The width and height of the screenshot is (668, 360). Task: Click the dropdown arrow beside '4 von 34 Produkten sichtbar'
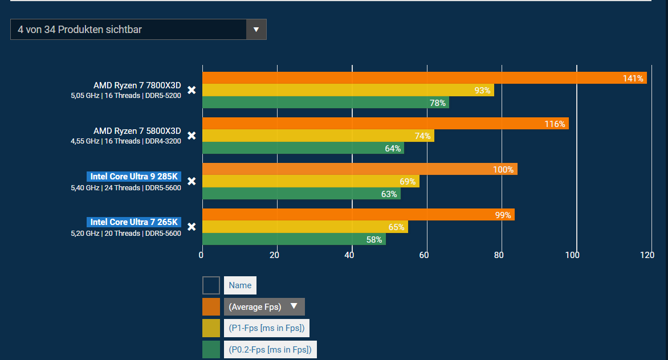pyautogui.click(x=256, y=30)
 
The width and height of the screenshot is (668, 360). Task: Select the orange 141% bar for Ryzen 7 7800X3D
pyautogui.click(x=424, y=78)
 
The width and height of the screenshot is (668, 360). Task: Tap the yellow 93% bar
pyautogui.click(x=348, y=90)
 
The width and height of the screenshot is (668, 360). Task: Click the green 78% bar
pyautogui.click(x=325, y=103)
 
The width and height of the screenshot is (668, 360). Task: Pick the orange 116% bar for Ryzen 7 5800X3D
pyautogui.click(x=385, y=124)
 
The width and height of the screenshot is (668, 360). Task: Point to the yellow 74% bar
pyautogui.click(x=318, y=136)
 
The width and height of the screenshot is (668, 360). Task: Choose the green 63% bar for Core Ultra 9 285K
pyautogui.click(x=301, y=194)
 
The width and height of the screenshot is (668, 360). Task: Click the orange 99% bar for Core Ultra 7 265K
pyautogui.click(x=358, y=214)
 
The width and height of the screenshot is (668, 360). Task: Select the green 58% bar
pyautogui.click(x=294, y=239)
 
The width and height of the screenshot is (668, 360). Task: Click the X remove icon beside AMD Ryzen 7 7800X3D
pyautogui.click(x=192, y=90)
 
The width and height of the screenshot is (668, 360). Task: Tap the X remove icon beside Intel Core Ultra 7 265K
pyautogui.click(x=192, y=227)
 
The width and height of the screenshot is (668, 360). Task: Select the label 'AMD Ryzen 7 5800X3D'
pyautogui.click(x=137, y=131)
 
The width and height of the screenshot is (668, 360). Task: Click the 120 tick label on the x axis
pyautogui.click(x=647, y=255)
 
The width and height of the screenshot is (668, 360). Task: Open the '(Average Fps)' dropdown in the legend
pyautogui.click(x=264, y=306)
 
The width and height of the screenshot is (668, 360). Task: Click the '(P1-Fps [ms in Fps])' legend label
pyautogui.click(x=267, y=328)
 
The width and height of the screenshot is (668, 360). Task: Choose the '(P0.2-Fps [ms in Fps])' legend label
pyautogui.click(x=270, y=349)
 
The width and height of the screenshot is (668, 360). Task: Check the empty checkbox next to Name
pyautogui.click(x=211, y=285)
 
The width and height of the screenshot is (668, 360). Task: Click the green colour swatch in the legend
pyautogui.click(x=211, y=349)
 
